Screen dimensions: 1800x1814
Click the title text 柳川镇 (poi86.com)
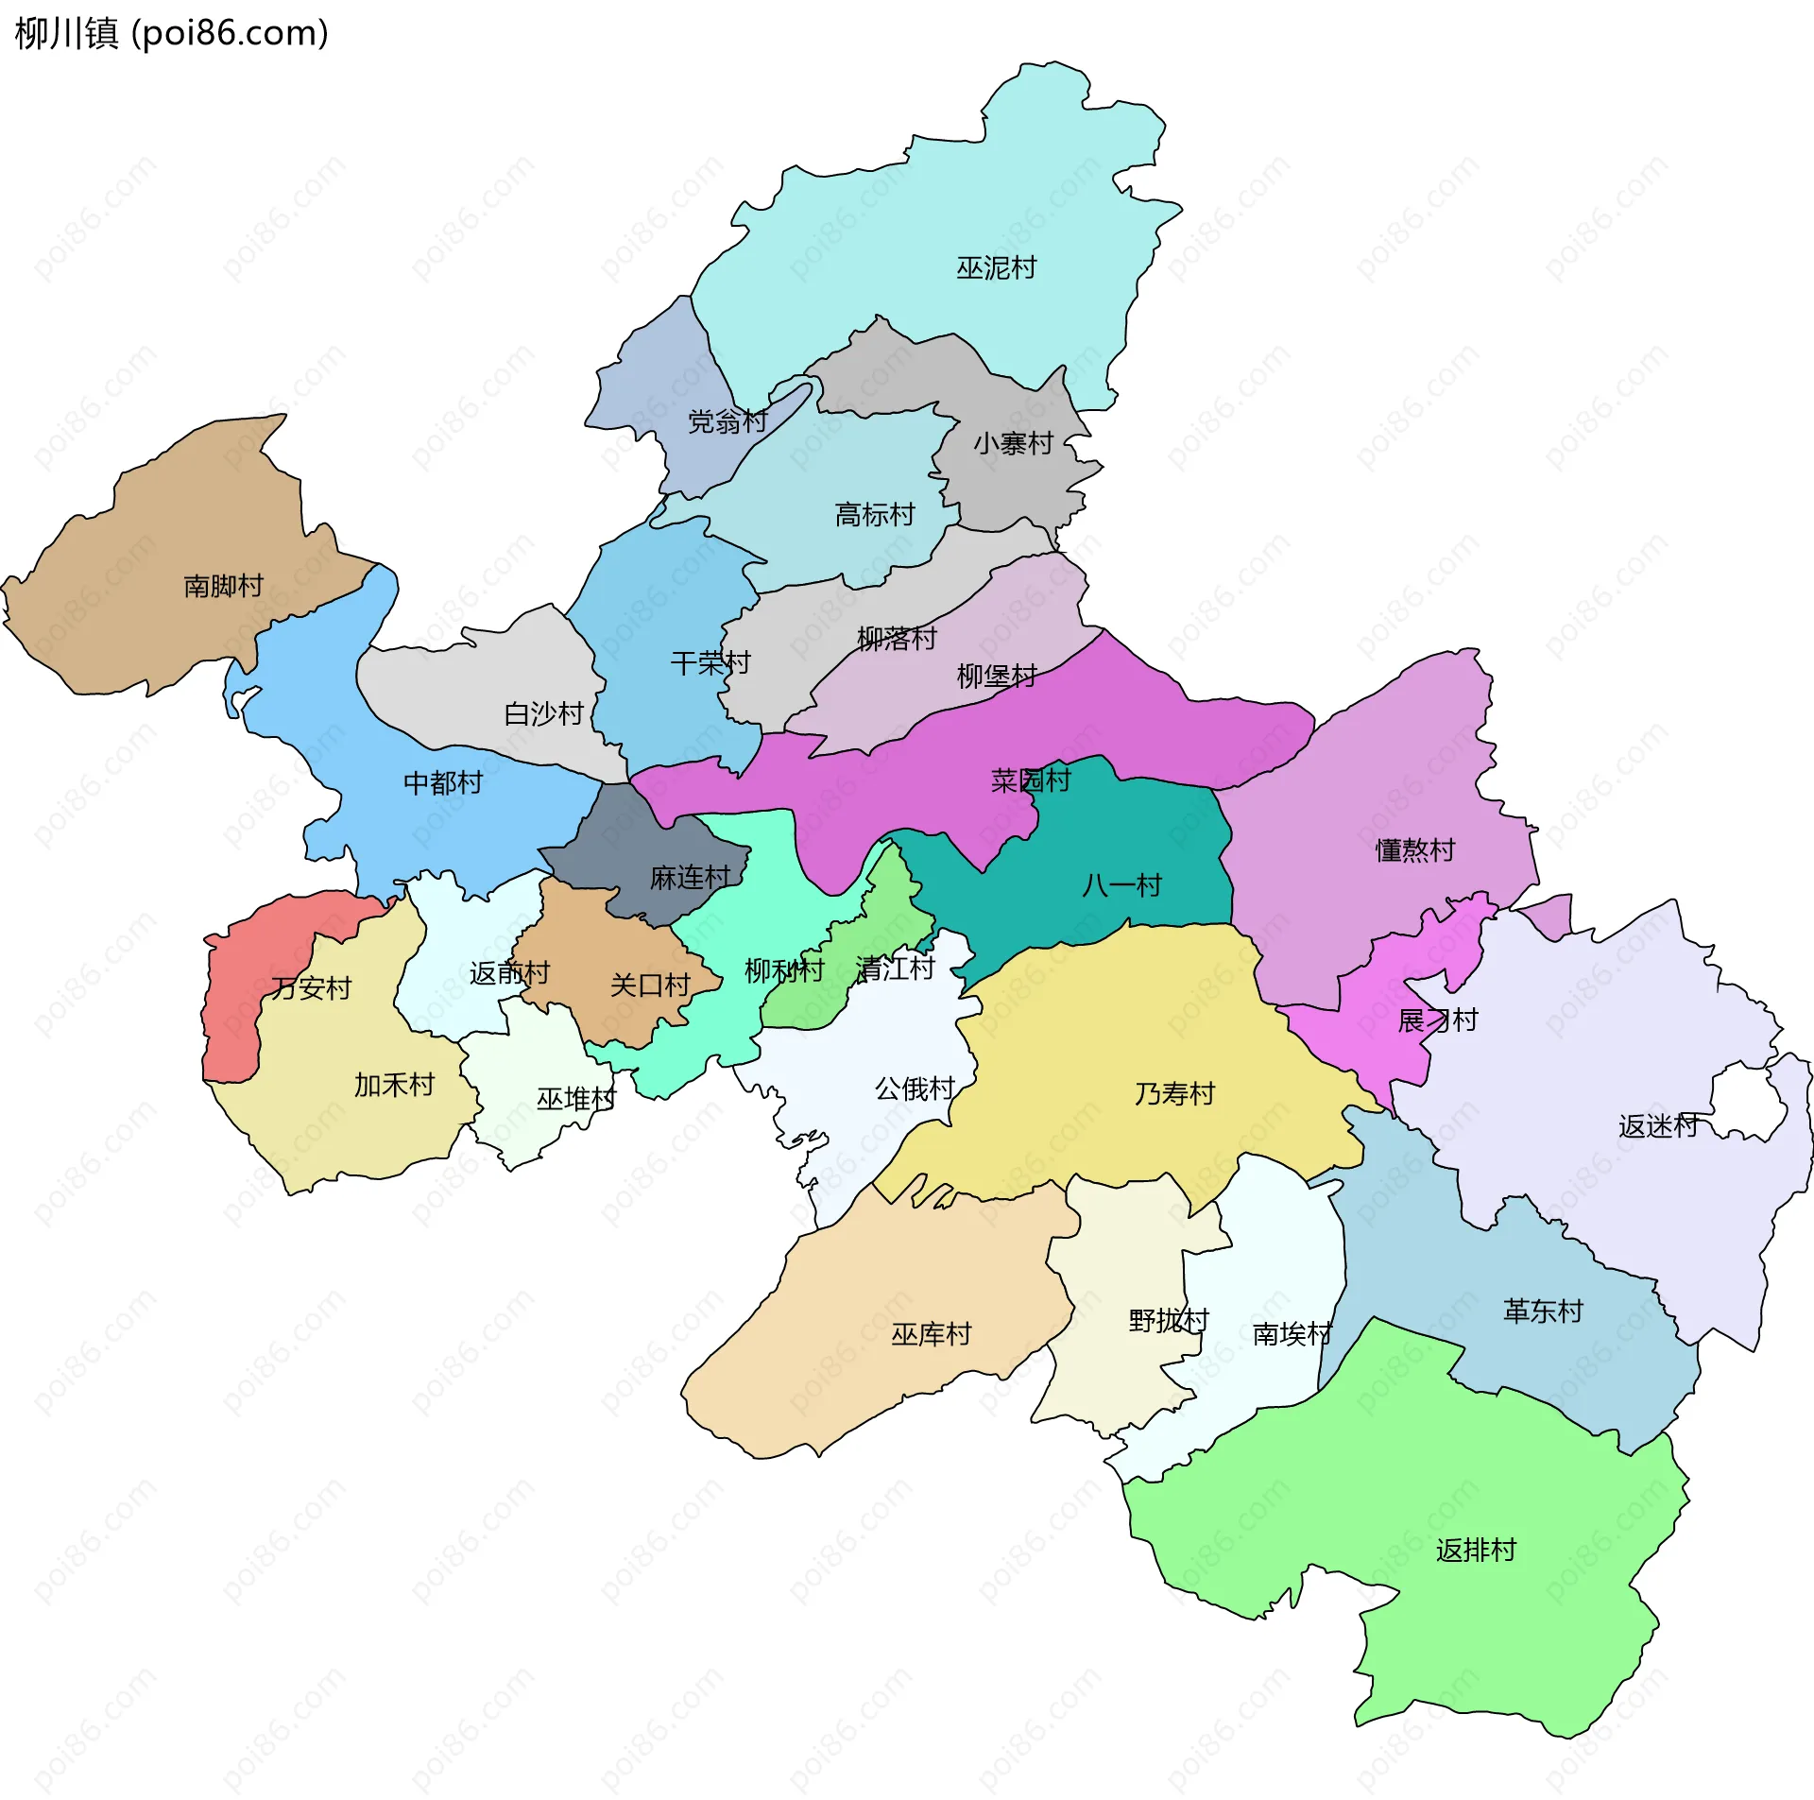(x=171, y=33)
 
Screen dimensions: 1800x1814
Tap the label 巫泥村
(x=996, y=268)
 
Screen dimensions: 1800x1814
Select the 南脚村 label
(x=223, y=586)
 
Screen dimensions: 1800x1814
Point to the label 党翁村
(x=727, y=421)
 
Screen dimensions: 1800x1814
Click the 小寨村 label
(x=1013, y=443)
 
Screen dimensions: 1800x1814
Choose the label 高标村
(x=875, y=515)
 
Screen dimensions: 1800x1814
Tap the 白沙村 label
(x=543, y=713)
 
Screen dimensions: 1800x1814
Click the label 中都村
(x=442, y=782)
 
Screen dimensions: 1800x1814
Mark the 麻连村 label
(x=690, y=878)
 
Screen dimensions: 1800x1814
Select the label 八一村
(x=1121, y=885)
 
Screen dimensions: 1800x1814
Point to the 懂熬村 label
(x=1414, y=850)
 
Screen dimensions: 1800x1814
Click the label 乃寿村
(x=1174, y=1094)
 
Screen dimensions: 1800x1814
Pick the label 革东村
(x=1543, y=1311)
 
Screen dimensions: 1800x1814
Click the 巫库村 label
(x=931, y=1334)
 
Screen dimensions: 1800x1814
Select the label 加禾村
(x=394, y=1085)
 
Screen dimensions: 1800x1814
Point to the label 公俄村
(x=915, y=1089)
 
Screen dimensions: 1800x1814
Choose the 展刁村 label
(x=1437, y=1020)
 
